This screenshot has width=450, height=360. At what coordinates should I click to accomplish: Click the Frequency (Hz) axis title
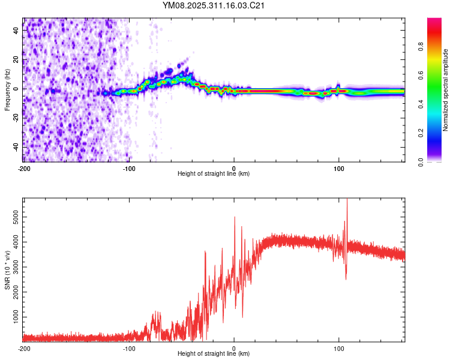pos(7,90)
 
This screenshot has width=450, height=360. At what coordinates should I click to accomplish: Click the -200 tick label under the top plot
pos(24,169)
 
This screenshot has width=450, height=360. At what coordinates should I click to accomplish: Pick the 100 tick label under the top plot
pos(339,169)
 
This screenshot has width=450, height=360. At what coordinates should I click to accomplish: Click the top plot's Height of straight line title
pos(214,174)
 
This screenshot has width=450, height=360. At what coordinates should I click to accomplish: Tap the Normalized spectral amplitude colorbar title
pos(446,90)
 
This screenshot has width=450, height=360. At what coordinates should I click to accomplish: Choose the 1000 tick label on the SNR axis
pos(13,316)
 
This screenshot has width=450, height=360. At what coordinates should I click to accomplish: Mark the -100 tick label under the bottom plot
pos(129,349)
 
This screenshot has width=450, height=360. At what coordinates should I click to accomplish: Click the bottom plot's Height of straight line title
pos(214,354)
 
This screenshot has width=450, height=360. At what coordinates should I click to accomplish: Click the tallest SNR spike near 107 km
pos(347,200)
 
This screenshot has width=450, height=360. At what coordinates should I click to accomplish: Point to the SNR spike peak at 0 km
pos(235,217)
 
